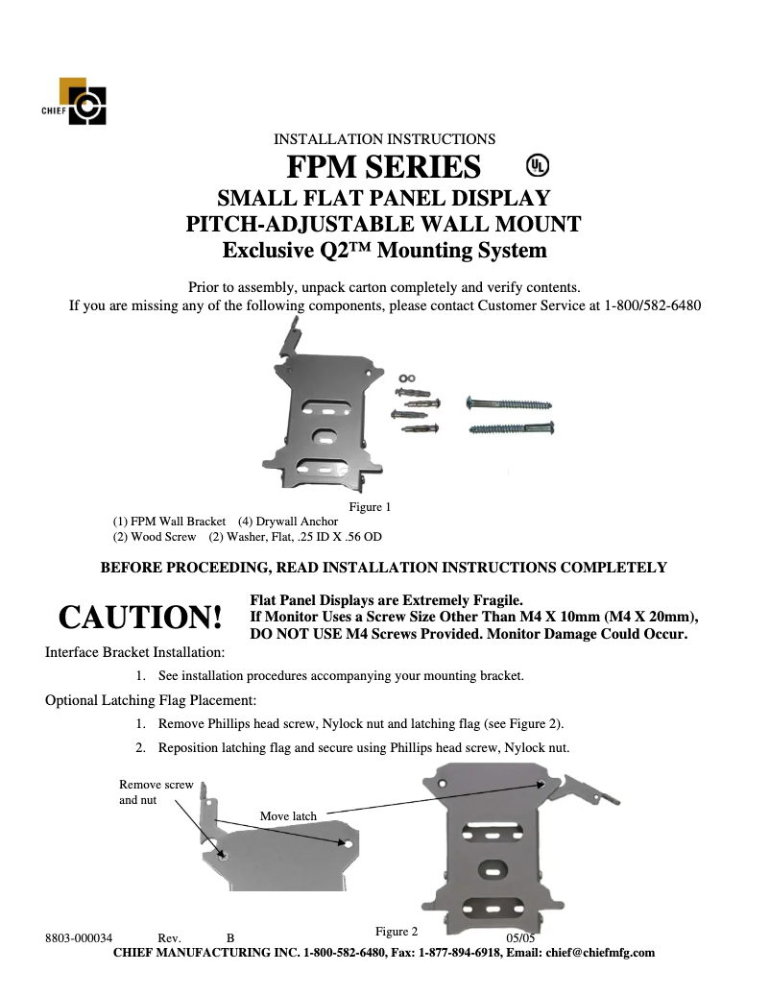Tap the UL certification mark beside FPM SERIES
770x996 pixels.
pos(538,166)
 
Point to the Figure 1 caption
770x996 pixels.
pos(370,506)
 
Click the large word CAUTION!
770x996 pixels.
pos(140,618)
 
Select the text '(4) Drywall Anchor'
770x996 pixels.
pos(288,522)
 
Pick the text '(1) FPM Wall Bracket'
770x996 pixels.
pos(169,522)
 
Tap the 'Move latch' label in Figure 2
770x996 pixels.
pos(288,816)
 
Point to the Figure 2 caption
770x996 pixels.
pos(397,932)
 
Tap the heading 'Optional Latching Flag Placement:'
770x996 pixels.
pos(151,700)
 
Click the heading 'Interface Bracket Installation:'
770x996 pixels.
pos(135,652)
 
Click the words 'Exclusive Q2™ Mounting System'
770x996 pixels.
pos(384,252)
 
